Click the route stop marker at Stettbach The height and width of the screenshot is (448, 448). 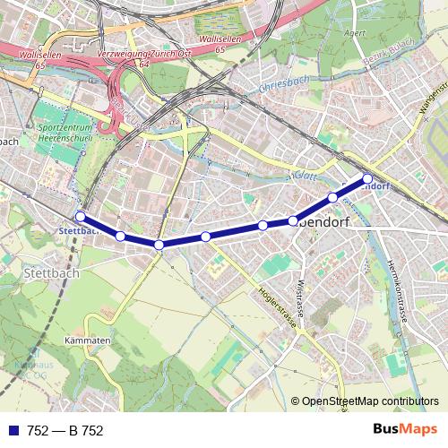[80, 216]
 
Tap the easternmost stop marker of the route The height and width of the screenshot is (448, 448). [367, 178]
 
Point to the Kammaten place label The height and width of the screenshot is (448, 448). [87, 340]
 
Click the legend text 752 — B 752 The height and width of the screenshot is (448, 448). [65, 430]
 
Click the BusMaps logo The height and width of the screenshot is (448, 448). [402, 430]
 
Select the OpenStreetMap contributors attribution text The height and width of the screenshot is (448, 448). [370, 401]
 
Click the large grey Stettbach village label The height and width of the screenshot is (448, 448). [51, 272]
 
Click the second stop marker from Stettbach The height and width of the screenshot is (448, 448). [120, 236]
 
